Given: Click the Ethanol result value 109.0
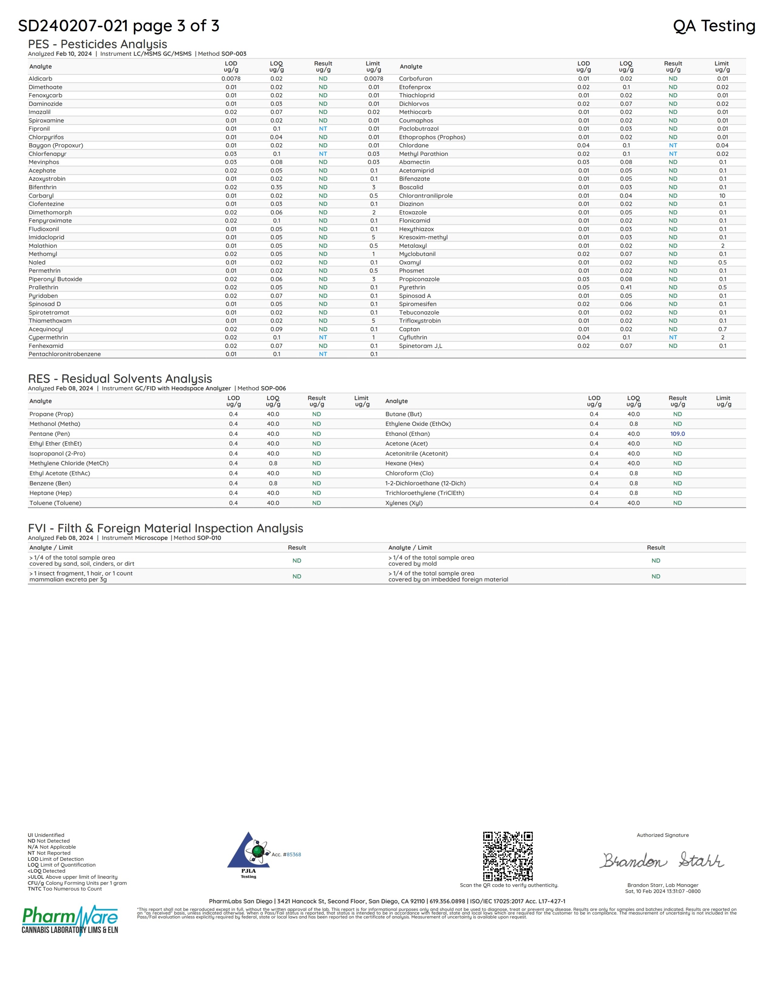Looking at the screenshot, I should click(x=677, y=433).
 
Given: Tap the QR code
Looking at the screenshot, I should click(x=508, y=856).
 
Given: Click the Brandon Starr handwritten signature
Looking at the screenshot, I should click(x=662, y=860).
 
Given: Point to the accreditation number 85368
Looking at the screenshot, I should click(x=294, y=854).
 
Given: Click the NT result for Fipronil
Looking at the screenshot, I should click(x=323, y=129).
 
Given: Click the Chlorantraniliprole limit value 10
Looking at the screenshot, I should click(x=722, y=196).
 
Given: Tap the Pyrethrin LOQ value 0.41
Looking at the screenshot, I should click(x=626, y=287).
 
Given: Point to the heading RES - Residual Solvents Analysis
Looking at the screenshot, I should click(x=120, y=379).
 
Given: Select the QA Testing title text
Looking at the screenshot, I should click(x=714, y=26).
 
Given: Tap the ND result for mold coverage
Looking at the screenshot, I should click(x=656, y=561).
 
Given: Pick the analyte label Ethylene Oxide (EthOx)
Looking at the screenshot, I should click(x=418, y=424).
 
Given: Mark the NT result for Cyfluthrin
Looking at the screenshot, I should click(x=673, y=337).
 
